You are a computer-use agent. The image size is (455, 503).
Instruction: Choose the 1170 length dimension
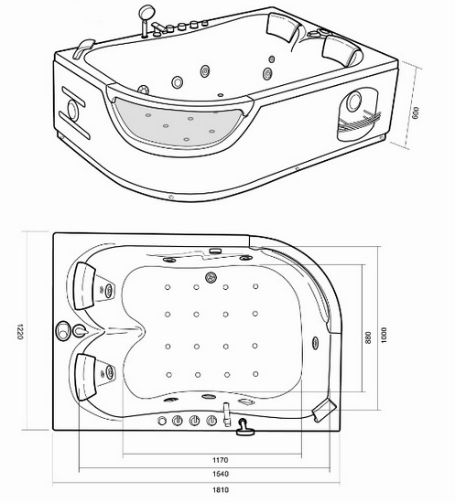(218, 461)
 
